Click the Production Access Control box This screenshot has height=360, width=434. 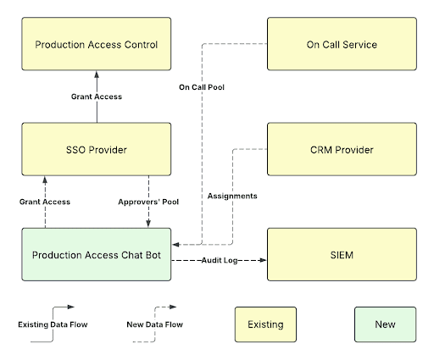[x=97, y=44]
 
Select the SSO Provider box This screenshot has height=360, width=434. [x=97, y=149]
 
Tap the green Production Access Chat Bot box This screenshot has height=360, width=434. [x=97, y=254]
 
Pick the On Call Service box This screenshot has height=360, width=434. [x=342, y=44]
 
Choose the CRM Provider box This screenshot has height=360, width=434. [x=342, y=149]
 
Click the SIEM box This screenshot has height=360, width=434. [x=342, y=254]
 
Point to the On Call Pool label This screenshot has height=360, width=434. [x=202, y=87]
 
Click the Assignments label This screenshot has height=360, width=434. [x=232, y=196]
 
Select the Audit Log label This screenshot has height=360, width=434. [x=220, y=260]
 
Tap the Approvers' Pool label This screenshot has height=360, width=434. [x=148, y=202]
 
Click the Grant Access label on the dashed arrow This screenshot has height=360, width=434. [x=45, y=202]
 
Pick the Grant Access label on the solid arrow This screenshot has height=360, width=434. [x=97, y=97]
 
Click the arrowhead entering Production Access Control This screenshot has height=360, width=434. [x=97, y=75]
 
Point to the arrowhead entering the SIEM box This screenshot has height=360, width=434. [x=263, y=260]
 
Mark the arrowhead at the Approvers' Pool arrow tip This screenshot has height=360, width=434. [x=148, y=224]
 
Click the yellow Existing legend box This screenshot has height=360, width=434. [x=265, y=324]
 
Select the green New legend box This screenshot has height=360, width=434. [x=386, y=324]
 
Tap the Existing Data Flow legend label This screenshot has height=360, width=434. [x=53, y=324]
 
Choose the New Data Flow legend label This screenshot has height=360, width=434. [x=155, y=324]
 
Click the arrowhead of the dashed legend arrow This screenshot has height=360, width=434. [x=173, y=307]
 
